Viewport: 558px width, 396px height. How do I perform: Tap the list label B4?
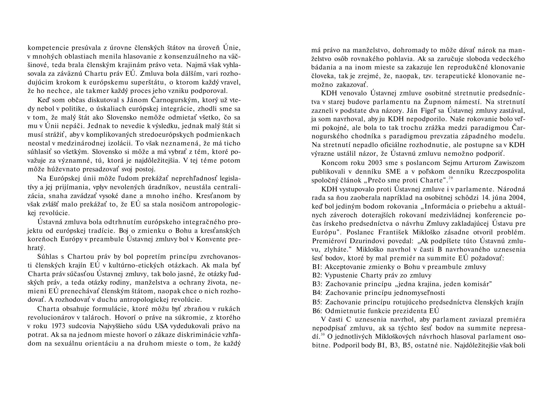tap(318, 293)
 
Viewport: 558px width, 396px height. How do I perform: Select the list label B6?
tap(318, 311)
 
